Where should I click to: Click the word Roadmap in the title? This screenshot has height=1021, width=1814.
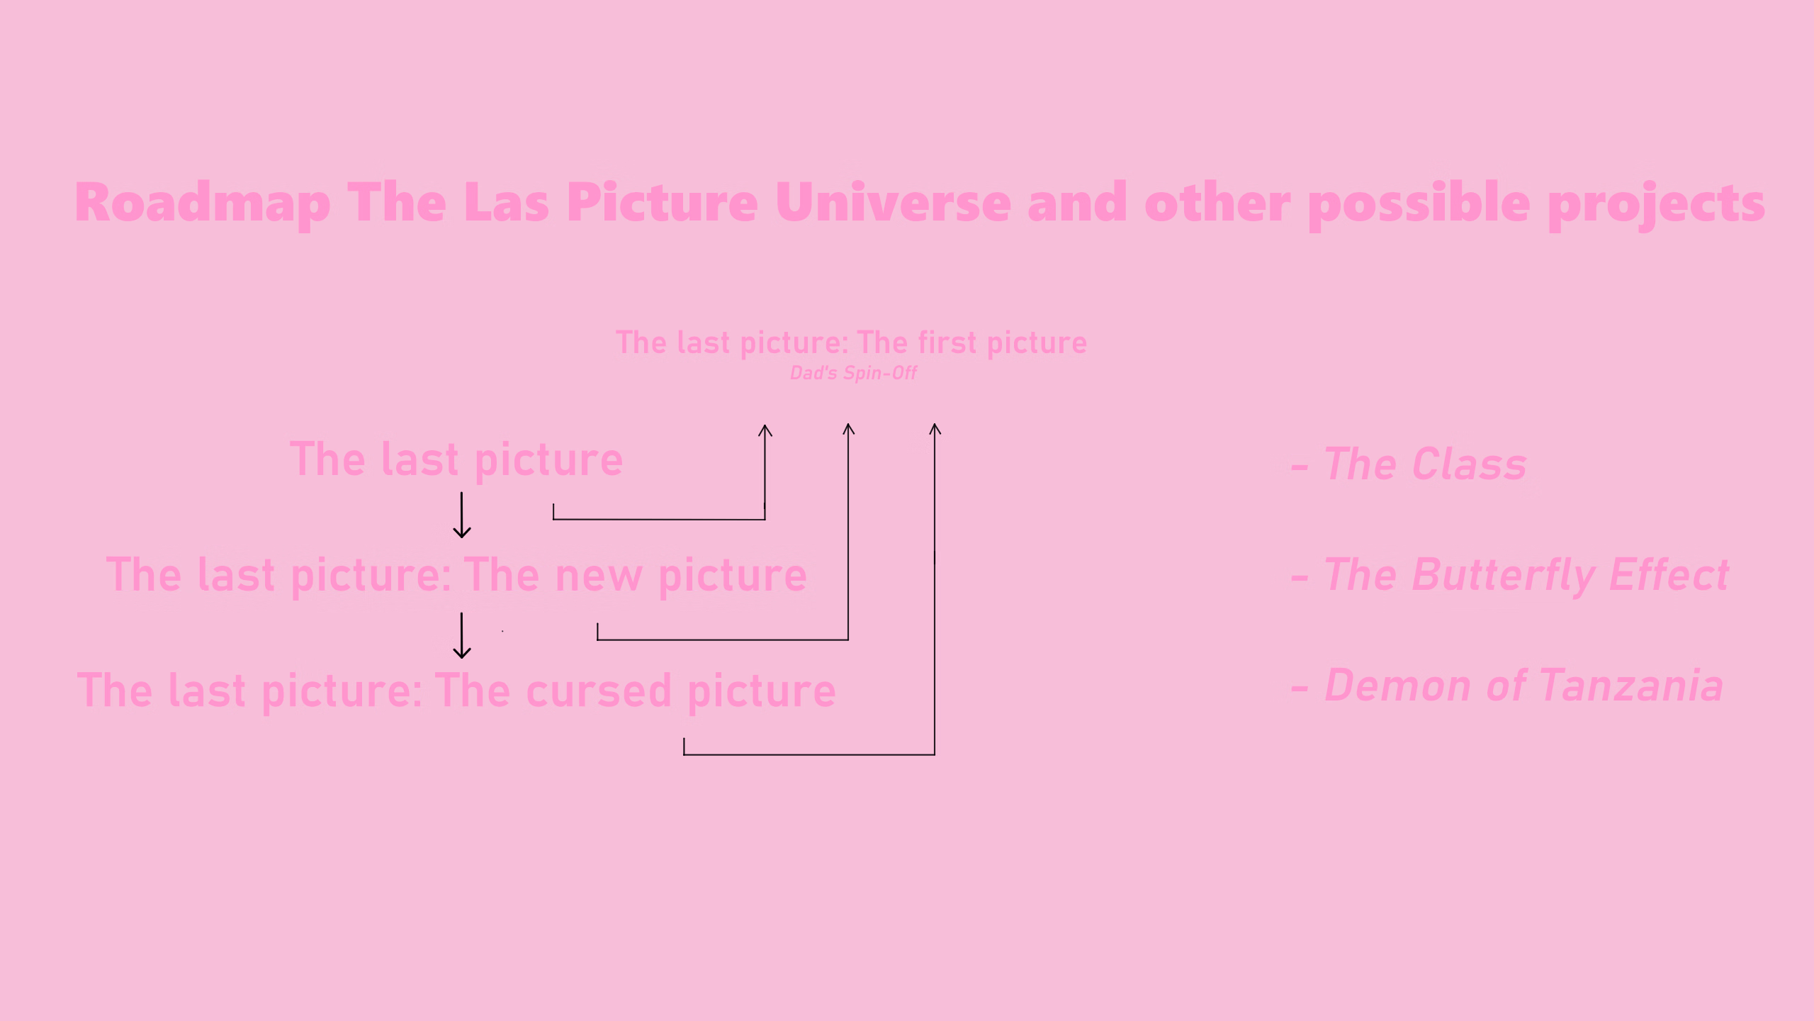tap(203, 204)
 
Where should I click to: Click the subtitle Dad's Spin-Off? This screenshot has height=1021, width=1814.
tap(853, 373)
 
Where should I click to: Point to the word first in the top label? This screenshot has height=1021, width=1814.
tap(947, 342)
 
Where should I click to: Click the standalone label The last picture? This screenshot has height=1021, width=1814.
tap(456, 461)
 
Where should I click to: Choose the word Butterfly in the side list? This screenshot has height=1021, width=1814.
tap(1502, 576)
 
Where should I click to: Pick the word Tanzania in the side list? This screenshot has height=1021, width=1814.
tap(1631, 686)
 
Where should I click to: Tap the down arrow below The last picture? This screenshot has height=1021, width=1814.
tap(462, 515)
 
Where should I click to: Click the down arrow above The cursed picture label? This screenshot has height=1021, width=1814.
tap(462, 636)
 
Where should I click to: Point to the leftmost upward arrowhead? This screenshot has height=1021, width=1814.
tap(765, 430)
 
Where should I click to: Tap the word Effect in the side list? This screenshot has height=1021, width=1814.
tap(1669, 574)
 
